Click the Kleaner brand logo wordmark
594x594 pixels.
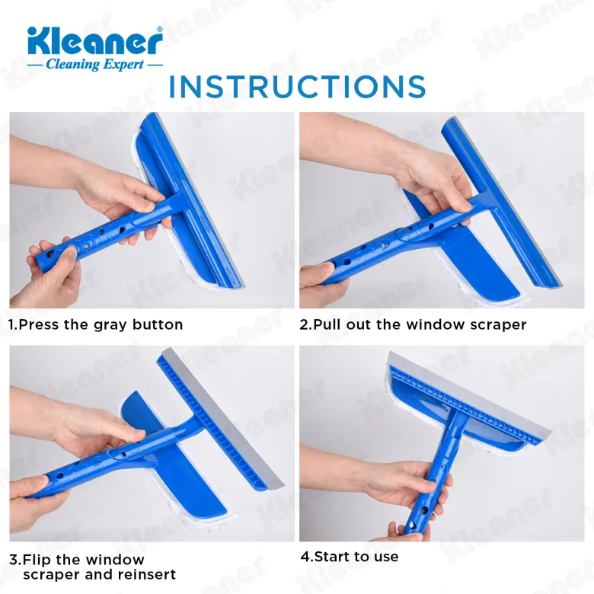(x=94, y=41)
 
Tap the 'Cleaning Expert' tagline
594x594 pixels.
(x=94, y=65)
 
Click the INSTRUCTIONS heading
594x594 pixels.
(x=297, y=87)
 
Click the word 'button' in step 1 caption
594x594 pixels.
(x=158, y=324)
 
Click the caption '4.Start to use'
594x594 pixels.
(x=350, y=557)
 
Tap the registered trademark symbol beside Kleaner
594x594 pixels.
(x=160, y=29)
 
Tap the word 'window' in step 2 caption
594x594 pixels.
(x=436, y=324)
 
